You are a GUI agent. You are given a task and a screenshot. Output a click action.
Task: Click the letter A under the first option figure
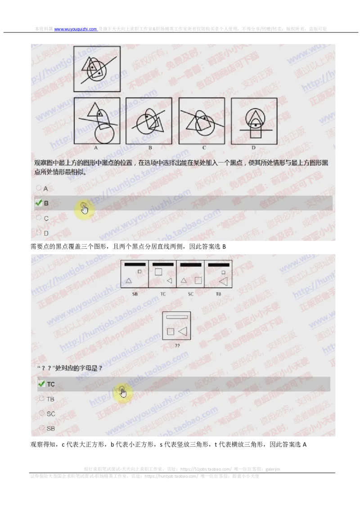pyautogui.click(x=96, y=147)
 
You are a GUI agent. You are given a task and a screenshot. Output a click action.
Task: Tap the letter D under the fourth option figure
pyautogui.click(x=253, y=147)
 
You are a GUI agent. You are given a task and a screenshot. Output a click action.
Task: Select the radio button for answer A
pyautogui.click(x=39, y=188)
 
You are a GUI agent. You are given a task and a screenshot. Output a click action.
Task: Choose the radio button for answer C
pyautogui.click(x=39, y=218)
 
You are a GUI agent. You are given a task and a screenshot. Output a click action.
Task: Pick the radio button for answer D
pyautogui.click(x=39, y=232)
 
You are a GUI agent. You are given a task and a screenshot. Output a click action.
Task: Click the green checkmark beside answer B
pyautogui.click(x=38, y=203)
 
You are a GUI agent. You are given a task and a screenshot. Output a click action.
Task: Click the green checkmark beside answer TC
pyautogui.click(x=41, y=384)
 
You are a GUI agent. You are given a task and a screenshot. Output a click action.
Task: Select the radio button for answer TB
pyautogui.click(x=42, y=398)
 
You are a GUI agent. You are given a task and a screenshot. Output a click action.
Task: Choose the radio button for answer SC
pyautogui.click(x=42, y=413)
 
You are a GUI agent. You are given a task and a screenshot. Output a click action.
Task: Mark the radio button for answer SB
pyautogui.click(x=42, y=428)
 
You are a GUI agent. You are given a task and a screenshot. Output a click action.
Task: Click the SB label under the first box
pyautogui.click(x=135, y=294)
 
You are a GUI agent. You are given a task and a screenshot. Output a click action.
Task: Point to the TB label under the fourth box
pyautogui.click(x=218, y=294)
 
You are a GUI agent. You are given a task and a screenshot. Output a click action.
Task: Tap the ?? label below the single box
pyautogui.click(x=176, y=345)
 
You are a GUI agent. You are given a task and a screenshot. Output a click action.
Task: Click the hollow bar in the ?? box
pyautogui.click(x=176, y=317)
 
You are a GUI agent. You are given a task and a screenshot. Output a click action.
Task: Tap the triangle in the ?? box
pyautogui.click(x=182, y=331)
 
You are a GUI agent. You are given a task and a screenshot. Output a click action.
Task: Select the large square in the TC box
pyautogui.click(x=158, y=272)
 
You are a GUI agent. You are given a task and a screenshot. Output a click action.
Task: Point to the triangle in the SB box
pyautogui.click(x=128, y=281)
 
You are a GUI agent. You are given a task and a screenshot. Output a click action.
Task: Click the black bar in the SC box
pyautogui.click(x=190, y=265)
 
